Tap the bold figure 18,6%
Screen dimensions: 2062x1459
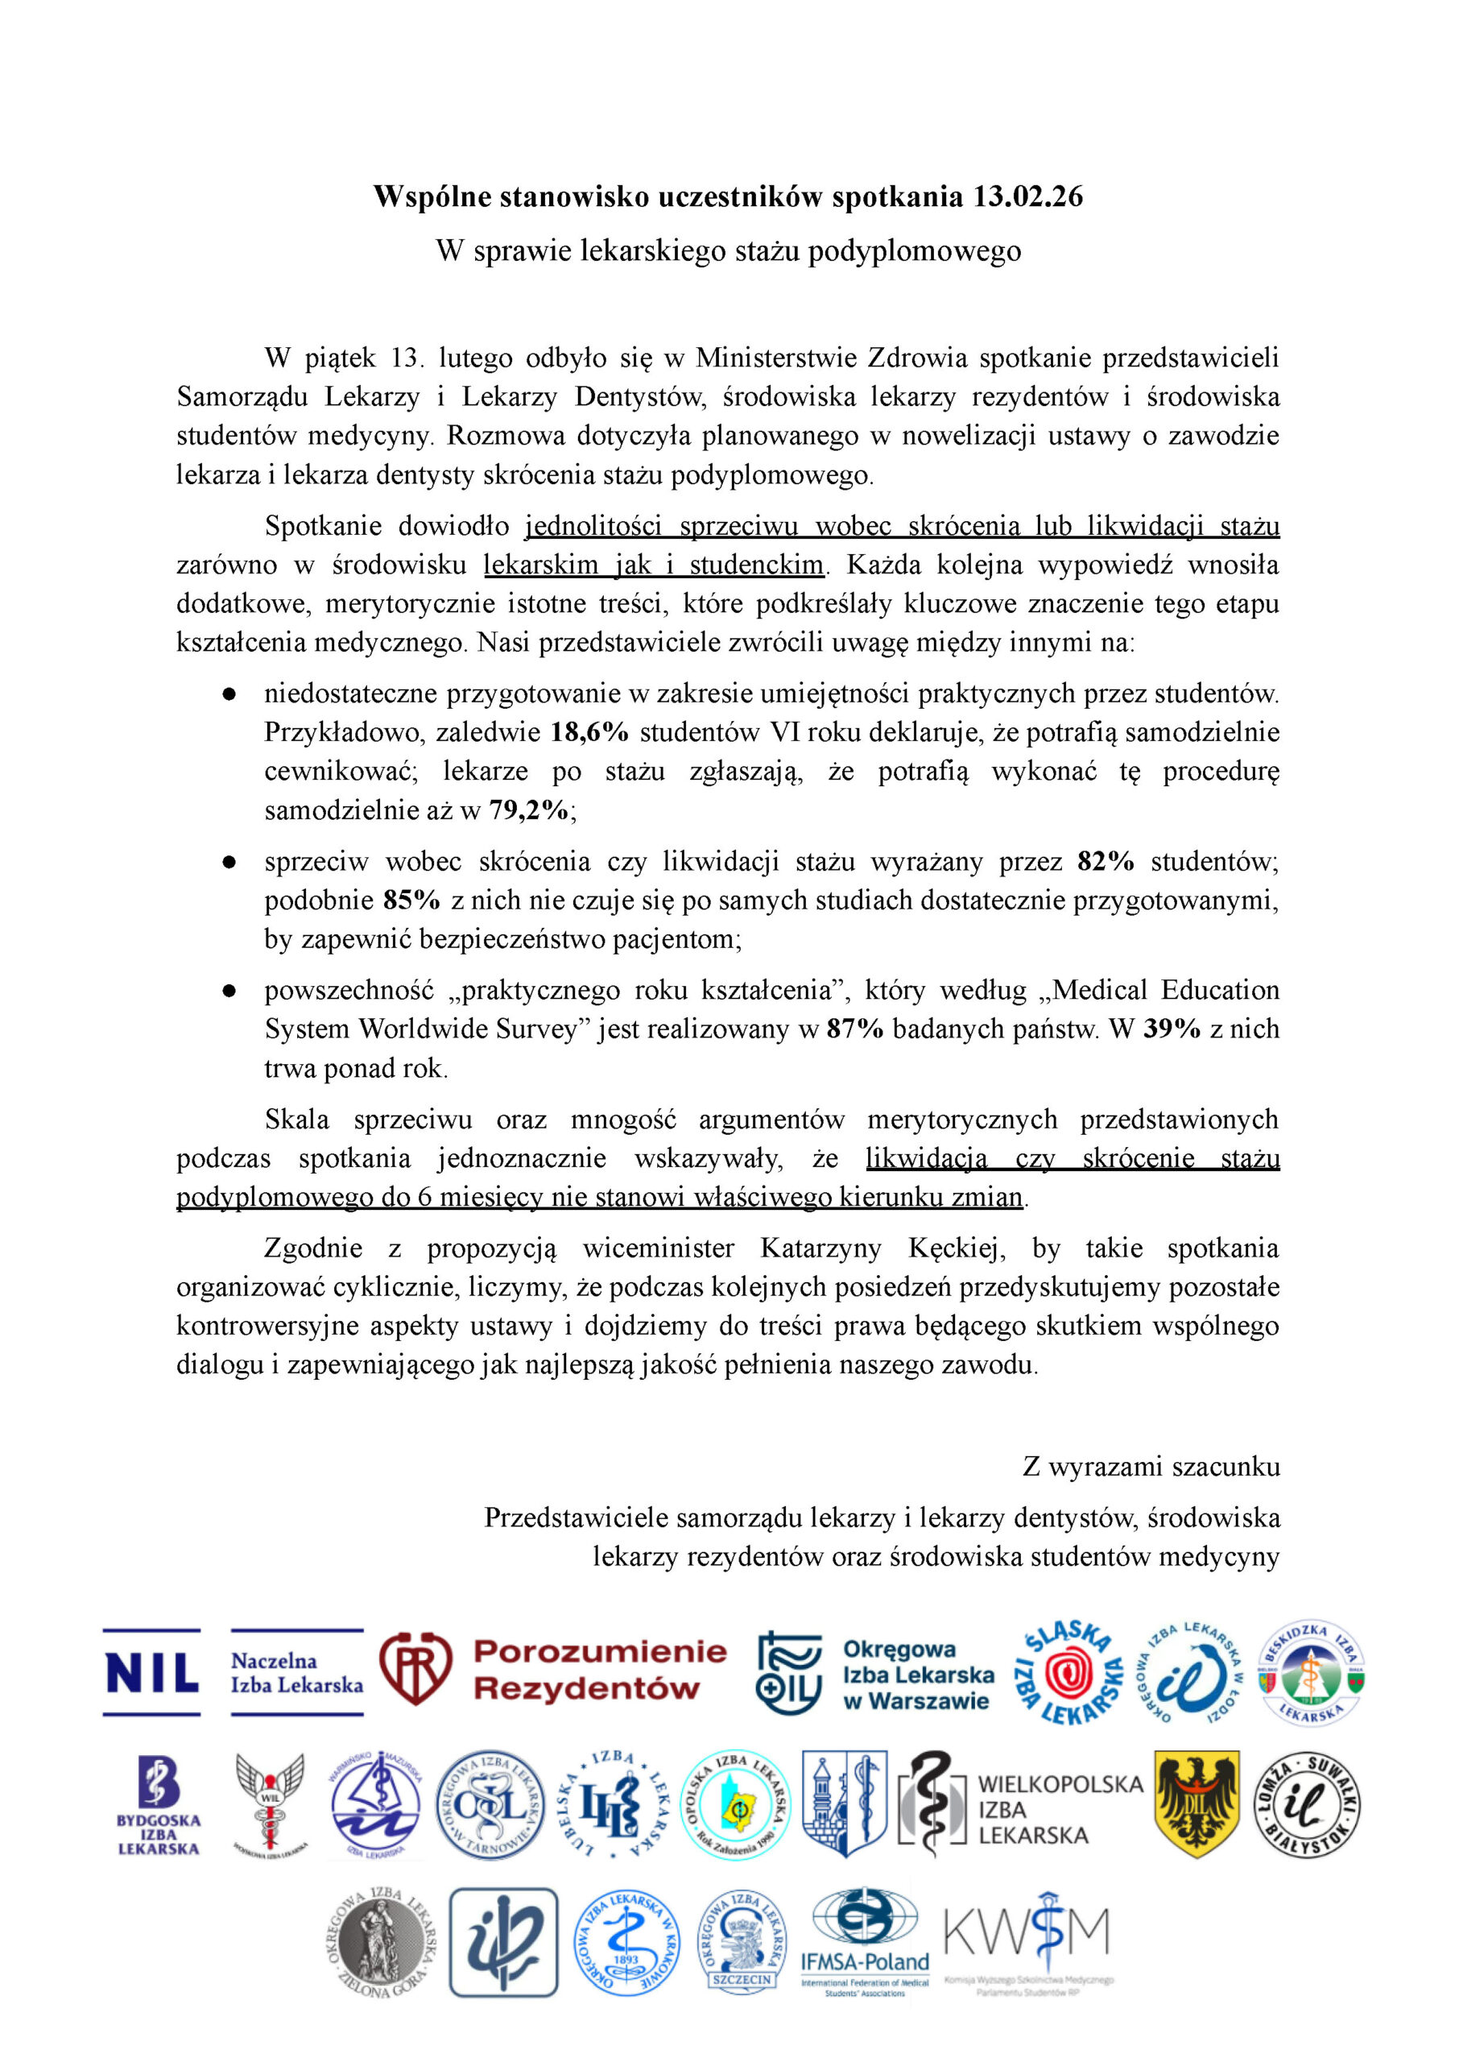[x=589, y=732]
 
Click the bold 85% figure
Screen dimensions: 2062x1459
[x=411, y=901]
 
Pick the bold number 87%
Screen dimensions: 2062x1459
[x=854, y=1029]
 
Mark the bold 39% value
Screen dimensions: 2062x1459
[x=1172, y=1029]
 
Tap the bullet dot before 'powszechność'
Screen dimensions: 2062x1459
[x=230, y=991]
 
